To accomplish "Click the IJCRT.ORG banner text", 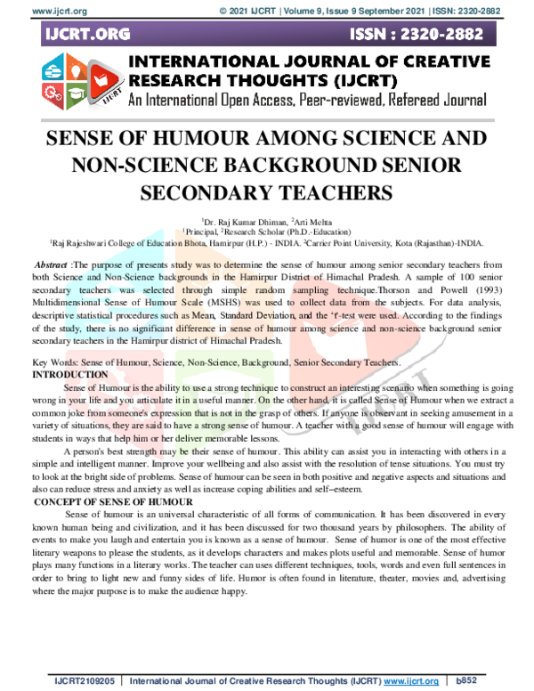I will pos(87,35).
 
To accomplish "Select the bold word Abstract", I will pos(51,266).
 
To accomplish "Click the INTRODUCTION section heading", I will pos(69,375).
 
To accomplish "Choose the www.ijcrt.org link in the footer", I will pos(411,681).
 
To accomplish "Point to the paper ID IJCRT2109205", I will pos(84,681).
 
